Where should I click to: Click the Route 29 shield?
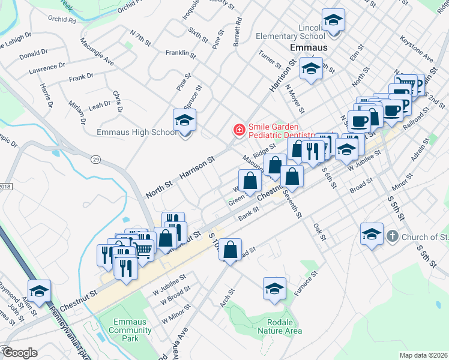[x=95, y=159]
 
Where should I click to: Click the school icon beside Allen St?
[x=39, y=290]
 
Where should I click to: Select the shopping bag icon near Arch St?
[x=231, y=250]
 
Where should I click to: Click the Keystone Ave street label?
[x=420, y=52]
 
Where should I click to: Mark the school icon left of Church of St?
[x=372, y=234]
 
